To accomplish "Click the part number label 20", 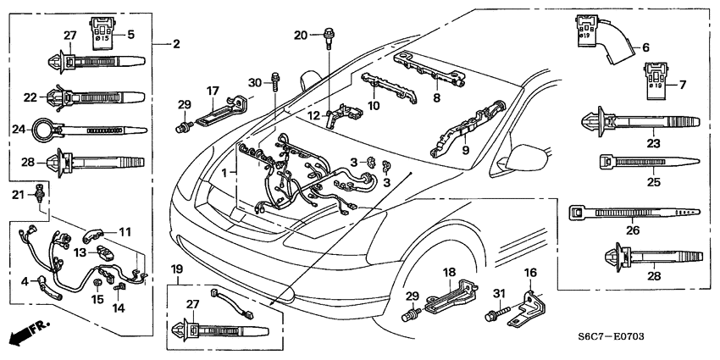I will coord(301,35).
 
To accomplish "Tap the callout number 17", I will coord(213,90).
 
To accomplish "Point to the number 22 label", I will coord(30,97).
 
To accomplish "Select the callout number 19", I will coord(176,269).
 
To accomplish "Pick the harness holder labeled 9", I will coord(462,132).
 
